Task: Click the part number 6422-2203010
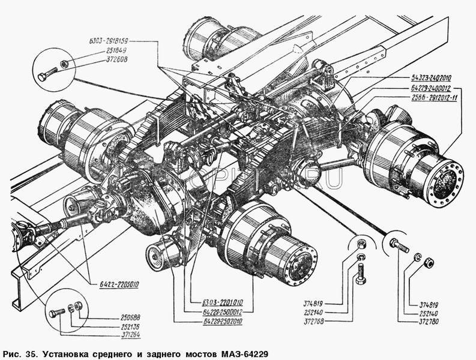[x=116, y=285]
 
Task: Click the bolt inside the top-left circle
[x=45, y=76]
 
